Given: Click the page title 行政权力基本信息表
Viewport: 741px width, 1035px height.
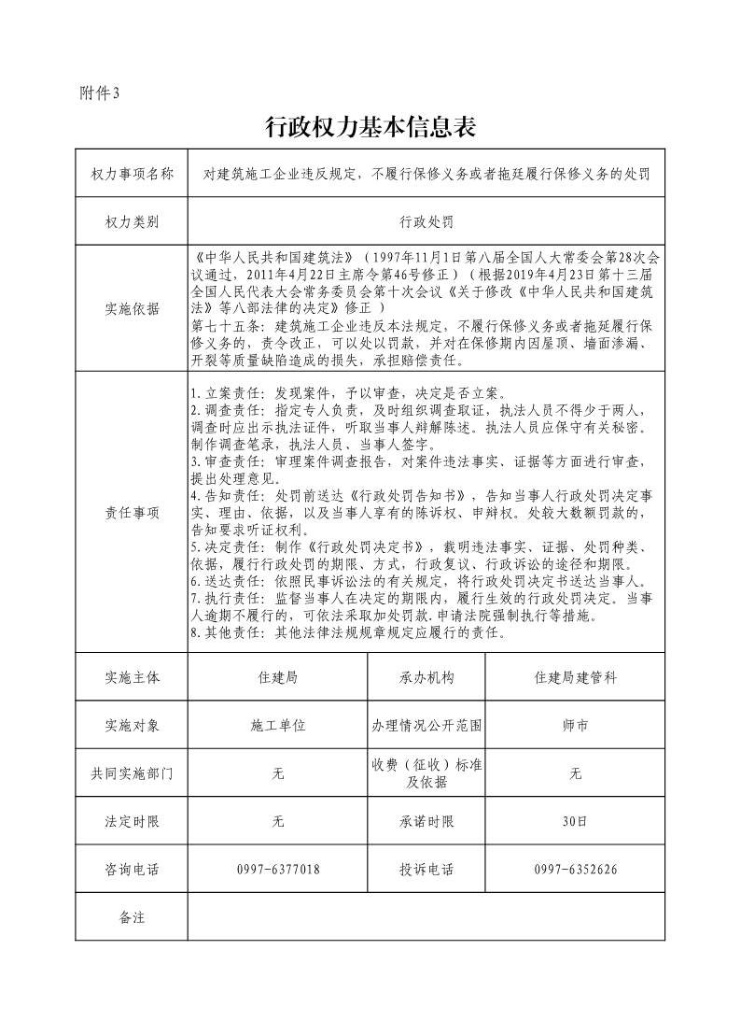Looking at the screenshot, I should coord(370,127).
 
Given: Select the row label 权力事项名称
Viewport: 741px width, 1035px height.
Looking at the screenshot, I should coord(132,173).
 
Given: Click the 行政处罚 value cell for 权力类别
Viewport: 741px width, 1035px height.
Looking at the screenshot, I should coord(426,222).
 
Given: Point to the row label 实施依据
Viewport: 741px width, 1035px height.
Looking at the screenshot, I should coord(132,309).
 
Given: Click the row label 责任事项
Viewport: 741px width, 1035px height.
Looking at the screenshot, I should coord(132,512).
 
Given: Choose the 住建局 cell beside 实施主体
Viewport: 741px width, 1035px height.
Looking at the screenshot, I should coord(277,678).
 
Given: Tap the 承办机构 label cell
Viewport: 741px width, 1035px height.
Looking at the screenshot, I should coord(426,678).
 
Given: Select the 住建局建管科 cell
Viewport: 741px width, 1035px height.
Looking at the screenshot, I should coord(575,678).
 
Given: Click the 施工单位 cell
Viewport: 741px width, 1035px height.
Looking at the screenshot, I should coord(277,725).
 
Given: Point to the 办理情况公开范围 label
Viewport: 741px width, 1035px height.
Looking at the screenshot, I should coord(426,725).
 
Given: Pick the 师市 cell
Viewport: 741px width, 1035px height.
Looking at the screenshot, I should coord(575,725).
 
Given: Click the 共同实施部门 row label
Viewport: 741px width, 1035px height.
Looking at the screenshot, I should coord(132,773).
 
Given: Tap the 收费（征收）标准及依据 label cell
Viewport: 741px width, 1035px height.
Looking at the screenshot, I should coord(426,773).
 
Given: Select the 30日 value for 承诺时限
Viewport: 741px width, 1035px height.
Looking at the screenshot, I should coord(575,822).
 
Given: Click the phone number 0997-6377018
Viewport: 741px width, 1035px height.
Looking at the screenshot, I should coord(277,870).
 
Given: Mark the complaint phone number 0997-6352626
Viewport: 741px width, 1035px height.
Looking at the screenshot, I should coord(575,870).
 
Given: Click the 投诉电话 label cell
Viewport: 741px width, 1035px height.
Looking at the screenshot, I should coord(426,870).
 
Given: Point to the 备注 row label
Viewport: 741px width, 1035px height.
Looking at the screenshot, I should coord(132,917).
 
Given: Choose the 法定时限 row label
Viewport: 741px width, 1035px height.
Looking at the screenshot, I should coord(132,822).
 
